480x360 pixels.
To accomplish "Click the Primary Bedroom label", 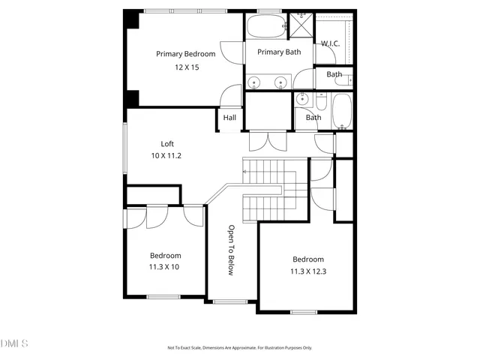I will point(185,54).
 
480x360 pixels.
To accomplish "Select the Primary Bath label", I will point(280,52).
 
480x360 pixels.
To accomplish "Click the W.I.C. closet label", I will point(331,43).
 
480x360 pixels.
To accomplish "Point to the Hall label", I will point(229,118).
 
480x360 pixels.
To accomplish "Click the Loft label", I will point(168,143).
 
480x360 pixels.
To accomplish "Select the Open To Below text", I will point(232,250).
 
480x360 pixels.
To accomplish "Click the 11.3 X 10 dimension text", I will point(164,266).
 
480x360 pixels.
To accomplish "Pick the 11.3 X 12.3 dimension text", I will point(308,271).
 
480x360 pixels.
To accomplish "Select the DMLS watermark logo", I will point(14,343).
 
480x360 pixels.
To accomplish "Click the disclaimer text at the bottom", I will point(239,348).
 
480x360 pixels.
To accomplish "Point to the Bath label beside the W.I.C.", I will point(334,74).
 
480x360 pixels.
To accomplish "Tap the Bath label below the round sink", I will point(313,117).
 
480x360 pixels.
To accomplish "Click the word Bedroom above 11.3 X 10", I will point(164,254).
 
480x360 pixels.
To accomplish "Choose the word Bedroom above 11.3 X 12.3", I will point(308,259).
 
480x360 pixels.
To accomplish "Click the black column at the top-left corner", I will point(132,18).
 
